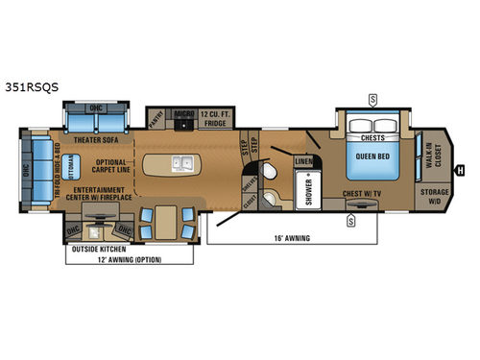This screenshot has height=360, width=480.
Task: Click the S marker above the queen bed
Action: (x=372, y=98)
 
